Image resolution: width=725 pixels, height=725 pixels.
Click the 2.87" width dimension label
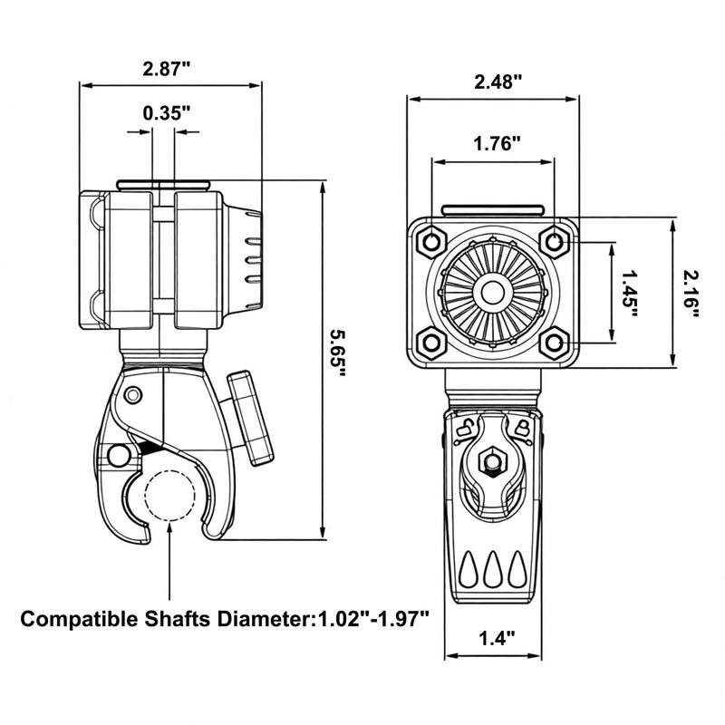(x=167, y=69)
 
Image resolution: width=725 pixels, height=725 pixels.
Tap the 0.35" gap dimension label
(x=167, y=112)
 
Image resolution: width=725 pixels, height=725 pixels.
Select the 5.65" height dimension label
(x=337, y=353)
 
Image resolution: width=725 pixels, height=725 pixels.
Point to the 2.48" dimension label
(x=498, y=82)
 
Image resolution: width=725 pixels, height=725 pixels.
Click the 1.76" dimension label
(x=497, y=144)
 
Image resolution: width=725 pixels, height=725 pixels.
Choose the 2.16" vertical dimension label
(x=691, y=294)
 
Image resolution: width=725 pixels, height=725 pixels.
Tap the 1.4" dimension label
(x=497, y=639)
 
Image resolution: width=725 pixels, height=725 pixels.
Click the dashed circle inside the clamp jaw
(x=169, y=496)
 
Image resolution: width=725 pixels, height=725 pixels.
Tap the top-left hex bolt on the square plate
(x=431, y=241)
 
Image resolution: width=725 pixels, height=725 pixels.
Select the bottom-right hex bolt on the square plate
(x=554, y=343)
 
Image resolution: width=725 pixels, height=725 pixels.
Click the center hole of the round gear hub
(x=492, y=292)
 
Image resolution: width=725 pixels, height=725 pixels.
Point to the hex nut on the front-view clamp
(x=492, y=461)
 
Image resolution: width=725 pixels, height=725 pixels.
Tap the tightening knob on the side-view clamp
(x=250, y=419)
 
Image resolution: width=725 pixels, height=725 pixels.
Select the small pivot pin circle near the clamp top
(x=133, y=395)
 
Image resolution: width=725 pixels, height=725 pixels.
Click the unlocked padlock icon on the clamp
(x=465, y=428)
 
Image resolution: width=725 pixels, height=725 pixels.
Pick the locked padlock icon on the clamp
(x=522, y=428)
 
